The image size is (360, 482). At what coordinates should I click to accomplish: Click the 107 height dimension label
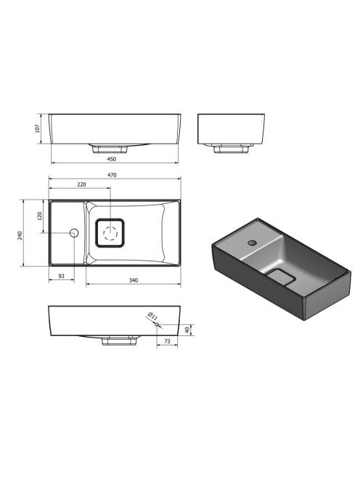pos(38,128)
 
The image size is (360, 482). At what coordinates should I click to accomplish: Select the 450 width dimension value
pos(112,159)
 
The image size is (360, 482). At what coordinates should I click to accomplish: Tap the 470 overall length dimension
pos(112,175)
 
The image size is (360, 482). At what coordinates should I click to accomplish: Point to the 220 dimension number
pos(81,184)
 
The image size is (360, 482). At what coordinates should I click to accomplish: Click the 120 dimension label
pos(39,216)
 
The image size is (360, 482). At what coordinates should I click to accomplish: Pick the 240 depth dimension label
pos(20,236)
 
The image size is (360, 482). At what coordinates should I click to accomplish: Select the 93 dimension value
pos(62,276)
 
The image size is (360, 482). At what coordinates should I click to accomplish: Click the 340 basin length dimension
pos(134,280)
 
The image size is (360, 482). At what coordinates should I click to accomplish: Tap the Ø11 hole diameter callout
pos(152,316)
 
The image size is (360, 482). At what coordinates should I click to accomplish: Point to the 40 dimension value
pos(187,330)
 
